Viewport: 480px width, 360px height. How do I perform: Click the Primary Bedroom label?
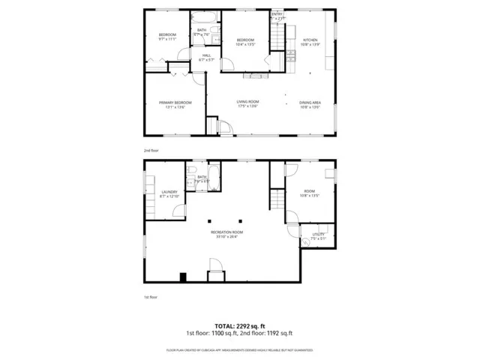click(175, 103)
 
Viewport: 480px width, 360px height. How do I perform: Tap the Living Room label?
click(247, 103)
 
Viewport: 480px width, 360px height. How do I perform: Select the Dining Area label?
click(310, 103)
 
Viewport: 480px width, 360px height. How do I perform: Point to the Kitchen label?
click(310, 40)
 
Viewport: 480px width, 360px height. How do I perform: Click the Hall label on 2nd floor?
click(206, 55)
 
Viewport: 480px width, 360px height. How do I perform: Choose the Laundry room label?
click(169, 192)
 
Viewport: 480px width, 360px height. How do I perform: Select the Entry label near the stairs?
click(277, 14)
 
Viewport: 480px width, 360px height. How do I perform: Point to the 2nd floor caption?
click(151, 150)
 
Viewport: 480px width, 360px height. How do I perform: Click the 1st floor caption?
click(151, 298)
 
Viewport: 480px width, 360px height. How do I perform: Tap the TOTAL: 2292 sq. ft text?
click(239, 325)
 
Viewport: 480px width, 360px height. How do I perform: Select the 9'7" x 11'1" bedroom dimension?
click(167, 39)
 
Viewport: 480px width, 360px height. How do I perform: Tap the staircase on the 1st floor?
click(277, 199)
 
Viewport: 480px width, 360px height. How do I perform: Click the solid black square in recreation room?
click(183, 277)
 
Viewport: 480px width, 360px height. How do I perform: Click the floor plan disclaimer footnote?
click(239, 350)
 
